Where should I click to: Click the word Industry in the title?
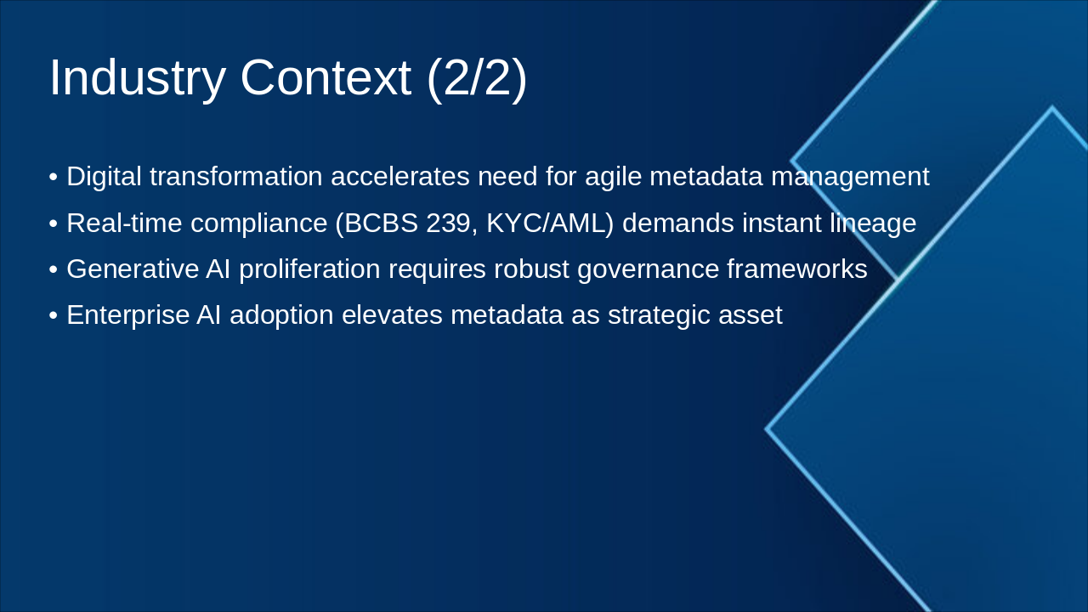137,78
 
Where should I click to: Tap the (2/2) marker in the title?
476,78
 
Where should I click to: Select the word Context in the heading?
326,78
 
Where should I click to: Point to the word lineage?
873,224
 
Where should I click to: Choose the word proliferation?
309,269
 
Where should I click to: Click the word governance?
648,269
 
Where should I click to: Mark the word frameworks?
796,269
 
